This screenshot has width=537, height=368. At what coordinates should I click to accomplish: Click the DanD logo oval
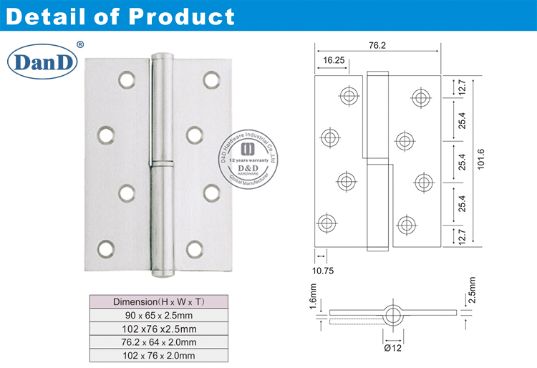[41, 62]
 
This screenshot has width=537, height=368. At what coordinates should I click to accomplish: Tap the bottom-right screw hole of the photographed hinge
[194, 248]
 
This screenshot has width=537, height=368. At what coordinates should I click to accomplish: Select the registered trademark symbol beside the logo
[79, 45]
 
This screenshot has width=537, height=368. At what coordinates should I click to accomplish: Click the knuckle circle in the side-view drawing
[392, 313]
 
